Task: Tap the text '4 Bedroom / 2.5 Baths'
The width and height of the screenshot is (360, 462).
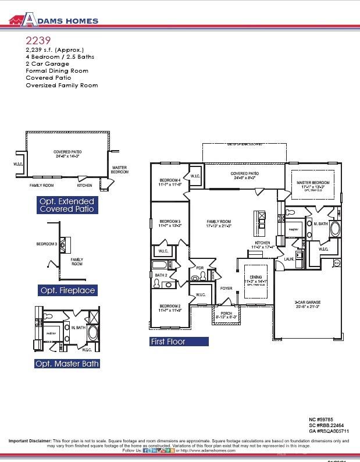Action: point(60,57)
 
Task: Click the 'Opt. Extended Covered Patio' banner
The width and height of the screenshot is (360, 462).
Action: point(66,205)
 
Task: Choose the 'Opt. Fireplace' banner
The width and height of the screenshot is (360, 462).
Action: point(67,290)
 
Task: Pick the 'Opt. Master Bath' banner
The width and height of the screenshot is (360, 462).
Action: point(67,364)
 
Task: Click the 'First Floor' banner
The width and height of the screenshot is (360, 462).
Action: point(168,342)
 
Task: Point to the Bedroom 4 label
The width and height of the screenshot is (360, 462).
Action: point(170,181)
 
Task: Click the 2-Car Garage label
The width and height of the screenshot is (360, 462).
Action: point(308,303)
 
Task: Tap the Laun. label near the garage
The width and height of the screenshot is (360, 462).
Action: point(288,259)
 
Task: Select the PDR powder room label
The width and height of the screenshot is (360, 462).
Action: point(200,268)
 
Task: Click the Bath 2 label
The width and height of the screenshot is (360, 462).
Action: point(161,275)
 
